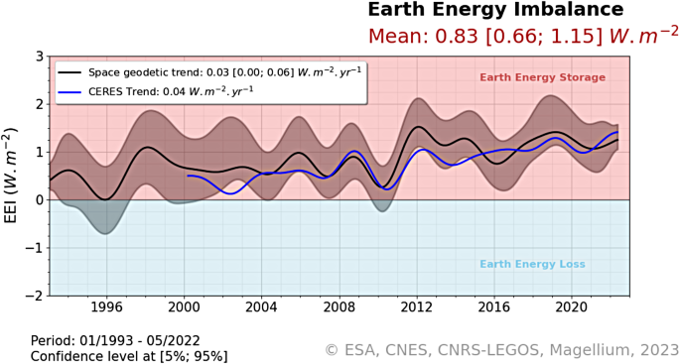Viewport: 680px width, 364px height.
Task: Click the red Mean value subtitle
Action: coord(523,36)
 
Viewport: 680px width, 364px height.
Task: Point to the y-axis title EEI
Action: coord(11,176)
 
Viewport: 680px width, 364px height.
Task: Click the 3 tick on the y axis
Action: coord(39,57)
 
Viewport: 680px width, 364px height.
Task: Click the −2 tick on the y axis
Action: coord(35,296)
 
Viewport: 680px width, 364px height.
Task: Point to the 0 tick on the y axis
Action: coord(39,200)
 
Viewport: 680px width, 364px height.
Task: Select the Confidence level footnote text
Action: coord(129,356)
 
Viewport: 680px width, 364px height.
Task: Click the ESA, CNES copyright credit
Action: coord(501,349)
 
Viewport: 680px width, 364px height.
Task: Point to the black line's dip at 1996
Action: coord(106,199)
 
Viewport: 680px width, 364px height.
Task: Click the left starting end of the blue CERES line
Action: coord(188,176)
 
